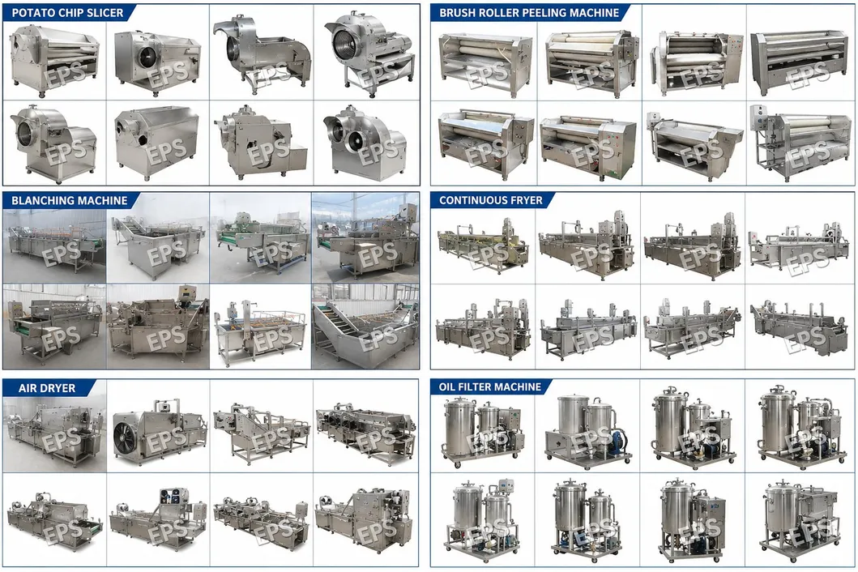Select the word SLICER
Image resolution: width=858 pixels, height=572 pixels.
pos(105,13)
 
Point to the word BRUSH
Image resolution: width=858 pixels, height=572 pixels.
pos(457,13)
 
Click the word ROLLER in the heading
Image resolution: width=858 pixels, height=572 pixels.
pos(499,13)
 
